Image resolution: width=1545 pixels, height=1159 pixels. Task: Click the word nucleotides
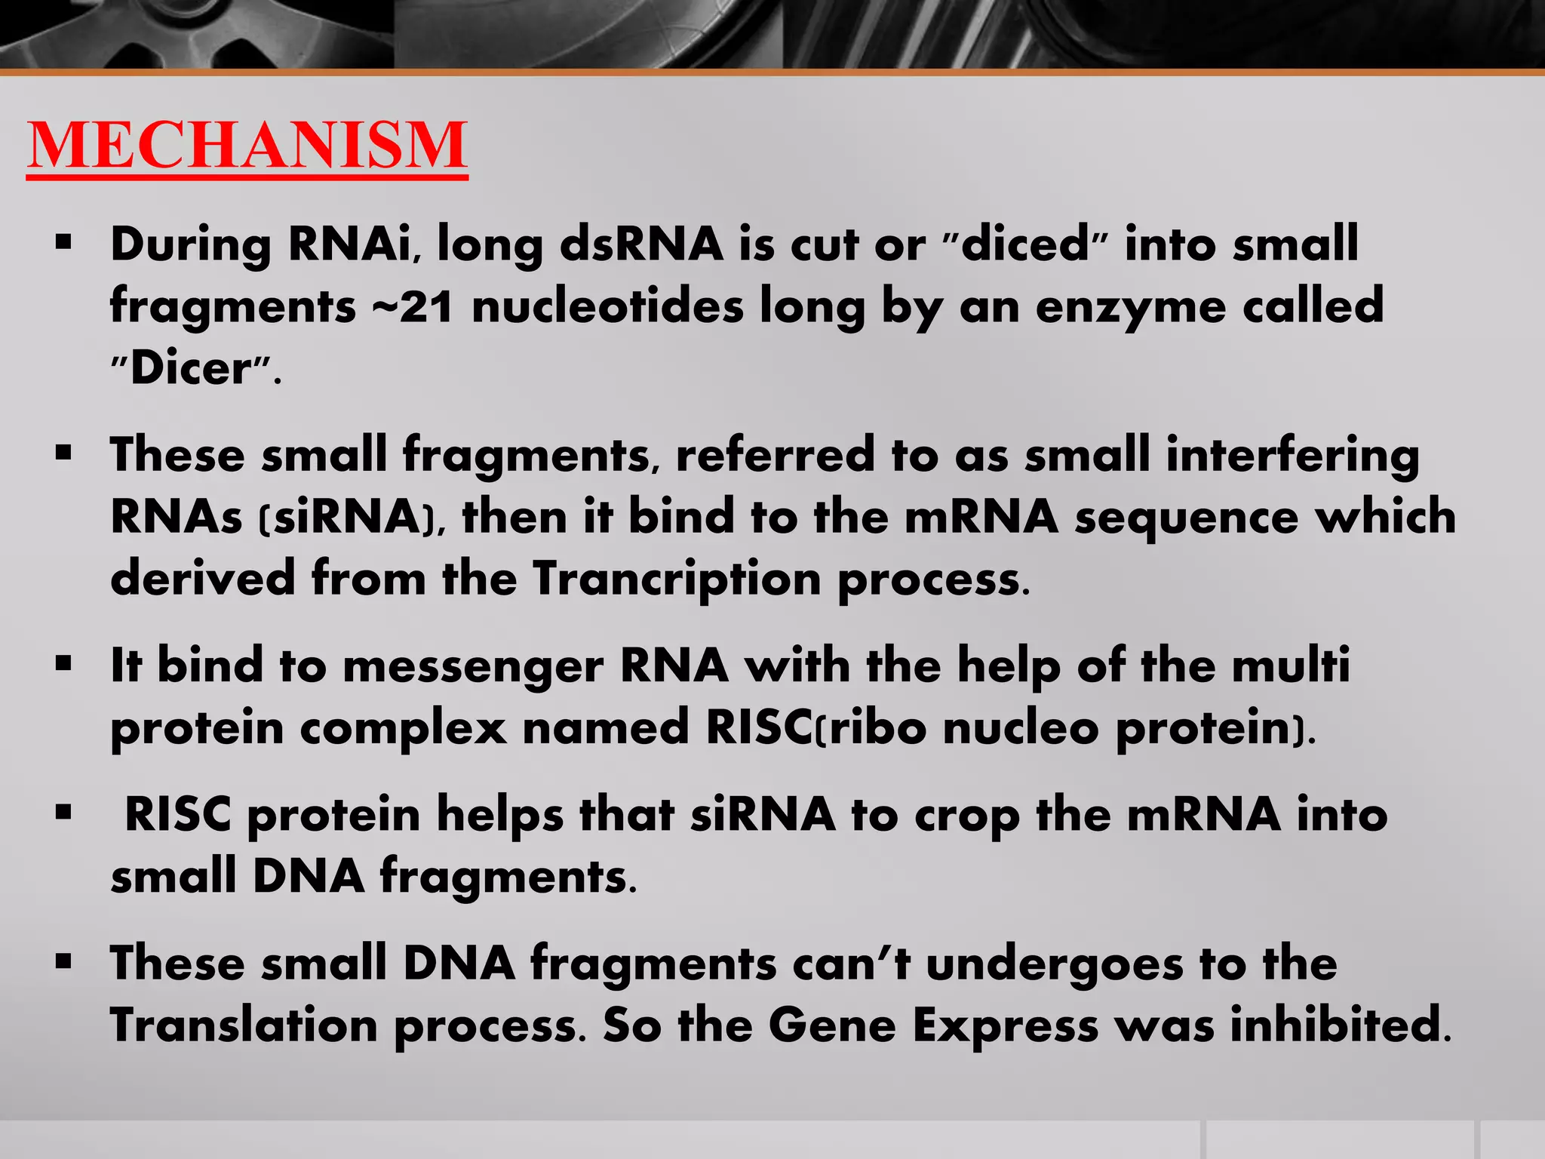607,307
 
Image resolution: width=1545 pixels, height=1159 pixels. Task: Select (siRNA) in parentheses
347,518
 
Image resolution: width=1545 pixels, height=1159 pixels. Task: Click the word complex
403,729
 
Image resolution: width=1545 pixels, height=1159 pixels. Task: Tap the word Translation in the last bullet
244,1026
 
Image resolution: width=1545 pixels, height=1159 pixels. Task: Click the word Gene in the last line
831,1026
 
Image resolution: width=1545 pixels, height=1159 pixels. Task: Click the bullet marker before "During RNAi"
63,243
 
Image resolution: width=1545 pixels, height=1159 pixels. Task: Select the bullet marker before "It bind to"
63,664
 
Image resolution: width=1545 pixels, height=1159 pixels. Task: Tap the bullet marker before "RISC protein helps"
63,813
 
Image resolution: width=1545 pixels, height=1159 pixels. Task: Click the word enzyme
1129,307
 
